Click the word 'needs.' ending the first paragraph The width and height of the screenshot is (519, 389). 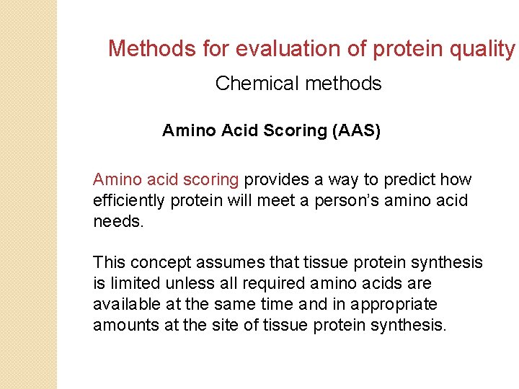119,221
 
